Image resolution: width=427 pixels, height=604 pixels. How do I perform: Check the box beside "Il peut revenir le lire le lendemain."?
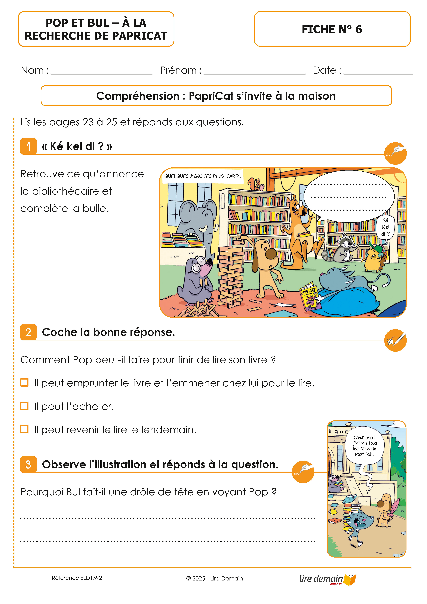click(24, 429)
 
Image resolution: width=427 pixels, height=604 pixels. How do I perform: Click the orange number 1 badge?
click(28, 146)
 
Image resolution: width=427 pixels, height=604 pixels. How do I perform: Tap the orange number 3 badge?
click(28, 464)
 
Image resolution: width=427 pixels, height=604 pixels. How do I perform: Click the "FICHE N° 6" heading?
click(332, 29)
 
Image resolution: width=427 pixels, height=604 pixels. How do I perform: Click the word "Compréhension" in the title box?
click(138, 96)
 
